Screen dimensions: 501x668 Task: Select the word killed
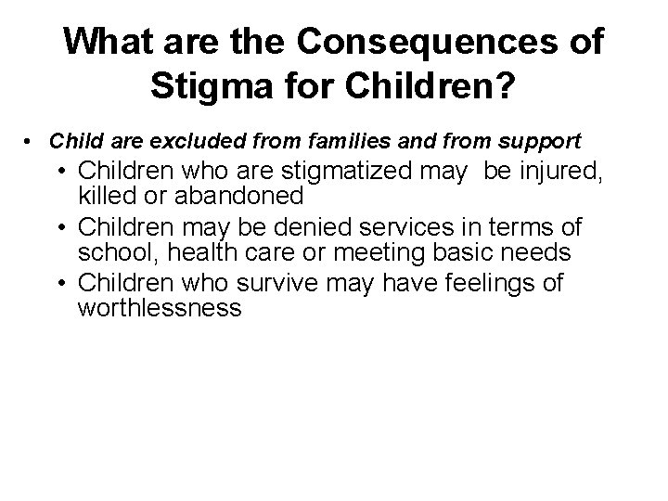click(107, 195)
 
